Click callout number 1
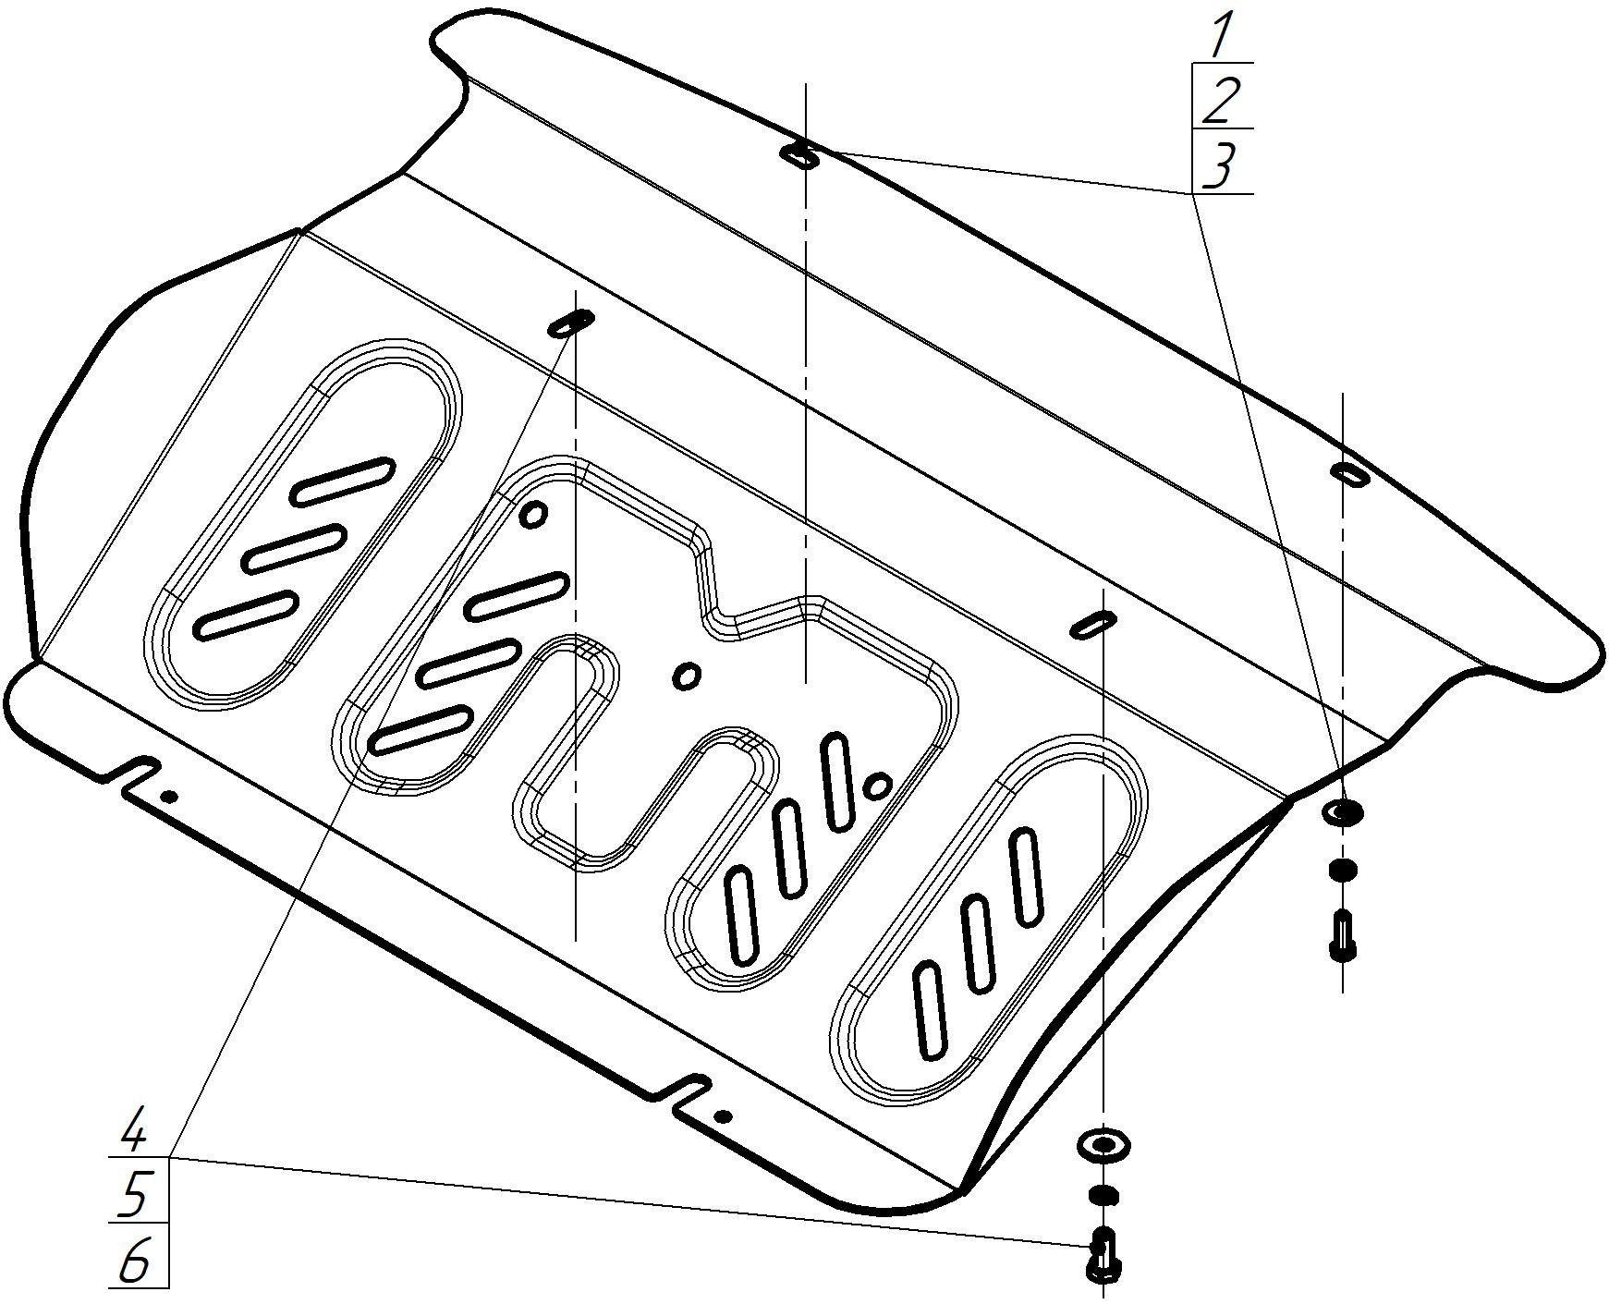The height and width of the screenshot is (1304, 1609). click(1221, 35)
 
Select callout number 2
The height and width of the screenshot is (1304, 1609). click(1221, 100)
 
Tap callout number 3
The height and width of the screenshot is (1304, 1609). click(1221, 166)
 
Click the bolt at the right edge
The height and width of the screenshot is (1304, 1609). click(1343, 935)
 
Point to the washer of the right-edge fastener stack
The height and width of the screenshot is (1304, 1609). click(1343, 812)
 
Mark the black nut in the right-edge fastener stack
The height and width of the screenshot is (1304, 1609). click(1343, 869)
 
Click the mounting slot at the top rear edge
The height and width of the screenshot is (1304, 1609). click(800, 155)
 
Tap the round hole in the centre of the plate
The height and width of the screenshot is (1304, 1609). click(686, 676)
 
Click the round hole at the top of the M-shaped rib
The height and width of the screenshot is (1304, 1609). click(533, 513)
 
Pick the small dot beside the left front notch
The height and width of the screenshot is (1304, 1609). click(168, 796)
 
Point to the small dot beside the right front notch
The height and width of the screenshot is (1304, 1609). click(723, 1116)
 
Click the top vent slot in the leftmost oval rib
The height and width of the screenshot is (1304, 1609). click(343, 480)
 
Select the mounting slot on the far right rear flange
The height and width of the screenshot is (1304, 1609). click(1349, 473)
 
